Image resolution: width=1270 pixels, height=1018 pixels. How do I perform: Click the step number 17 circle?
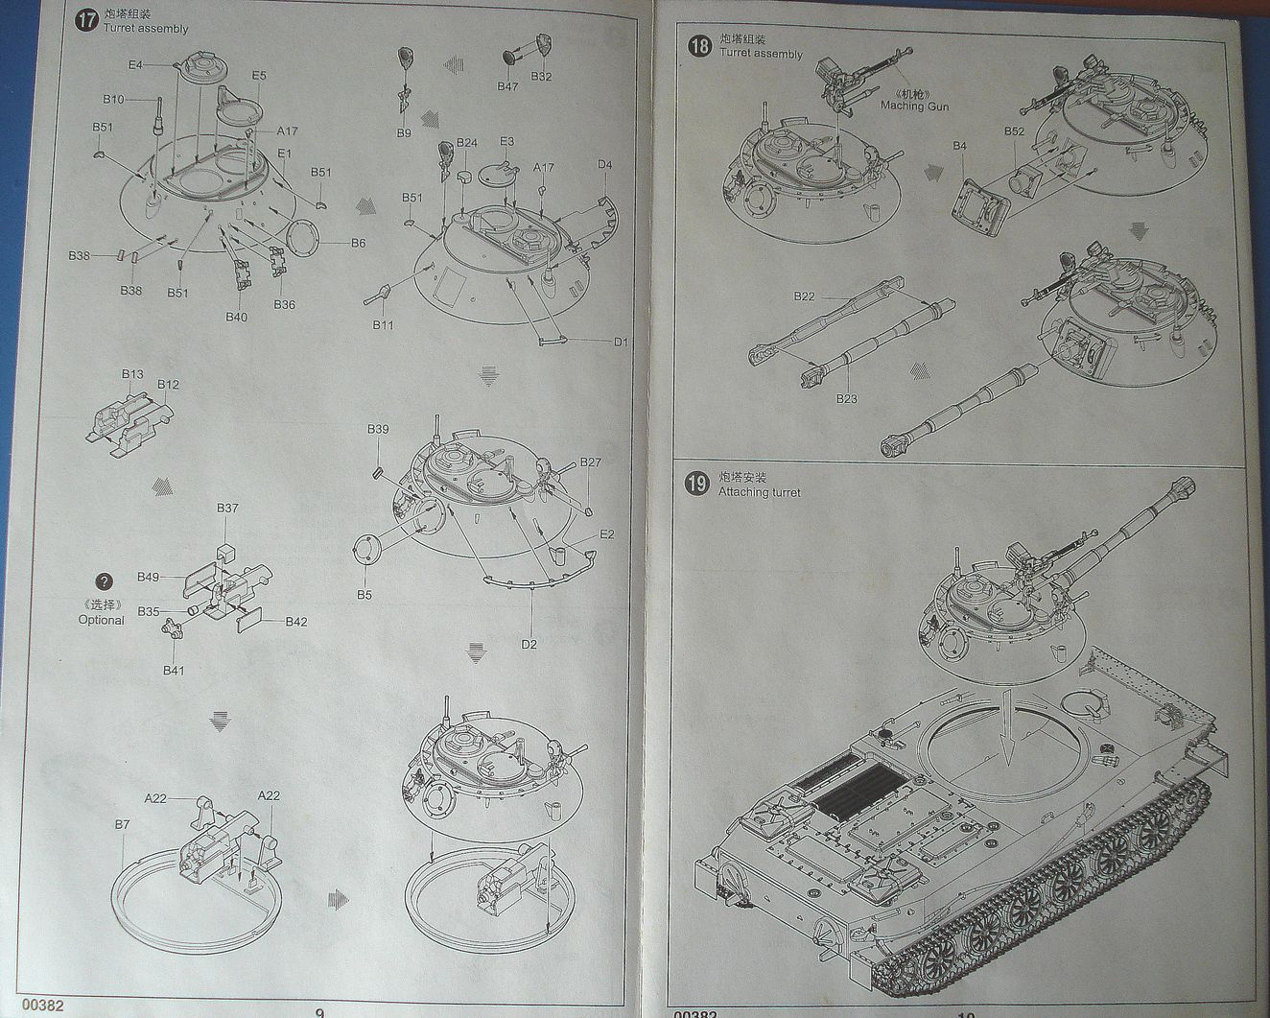coord(87,20)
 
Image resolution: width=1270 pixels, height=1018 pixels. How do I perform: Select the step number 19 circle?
coord(697,484)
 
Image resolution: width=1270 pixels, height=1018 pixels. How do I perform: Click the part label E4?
coord(135,65)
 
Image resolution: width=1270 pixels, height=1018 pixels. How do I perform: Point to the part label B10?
coord(113,99)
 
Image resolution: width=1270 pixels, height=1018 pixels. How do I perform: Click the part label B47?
coord(507,86)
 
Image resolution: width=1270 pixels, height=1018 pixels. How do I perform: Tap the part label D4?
coord(604,165)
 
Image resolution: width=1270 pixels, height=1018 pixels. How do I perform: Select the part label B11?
coord(383,325)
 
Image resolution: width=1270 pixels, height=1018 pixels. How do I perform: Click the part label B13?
coord(132,374)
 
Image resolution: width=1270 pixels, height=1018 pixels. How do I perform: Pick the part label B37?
coord(227,508)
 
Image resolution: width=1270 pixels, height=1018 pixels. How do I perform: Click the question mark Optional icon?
coord(105,582)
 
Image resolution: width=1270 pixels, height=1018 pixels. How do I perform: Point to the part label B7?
coord(122,824)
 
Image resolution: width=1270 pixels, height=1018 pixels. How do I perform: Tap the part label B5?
coord(365,595)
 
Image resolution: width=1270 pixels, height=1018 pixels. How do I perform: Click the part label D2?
coord(529,644)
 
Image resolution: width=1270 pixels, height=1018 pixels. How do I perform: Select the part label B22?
coord(804,296)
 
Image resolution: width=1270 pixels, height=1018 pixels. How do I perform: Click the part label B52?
coord(1014,131)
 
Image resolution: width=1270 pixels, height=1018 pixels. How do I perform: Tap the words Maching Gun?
coord(914,107)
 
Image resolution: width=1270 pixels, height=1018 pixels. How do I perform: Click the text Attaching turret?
coord(759,492)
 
